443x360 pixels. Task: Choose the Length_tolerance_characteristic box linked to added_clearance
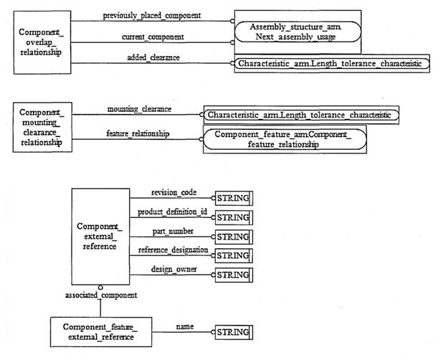[x=333, y=64]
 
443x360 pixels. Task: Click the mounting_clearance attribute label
[x=139, y=109]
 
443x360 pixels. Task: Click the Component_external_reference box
[x=100, y=236]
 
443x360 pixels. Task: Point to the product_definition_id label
[x=172, y=212]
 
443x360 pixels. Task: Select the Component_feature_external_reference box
[x=100, y=332]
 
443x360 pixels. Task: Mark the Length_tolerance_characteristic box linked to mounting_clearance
[x=301, y=115]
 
